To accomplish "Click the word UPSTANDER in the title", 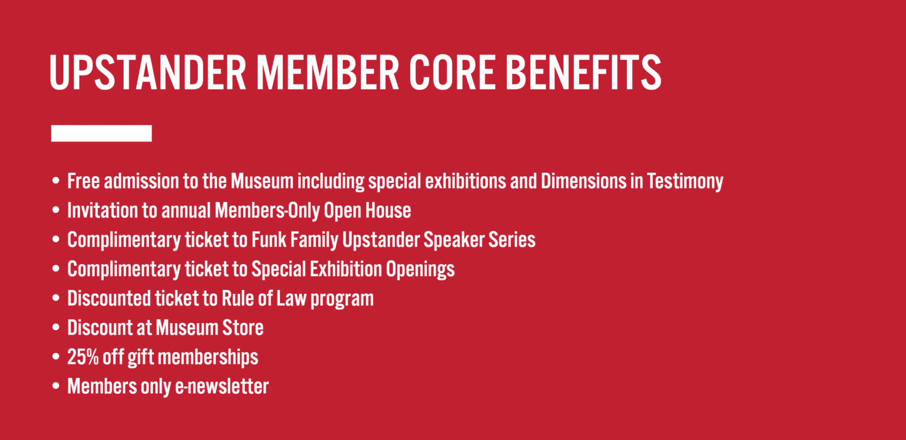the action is (x=148, y=73).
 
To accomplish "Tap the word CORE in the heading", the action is (x=452, y=73).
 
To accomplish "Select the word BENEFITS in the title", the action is (x=584, y=73).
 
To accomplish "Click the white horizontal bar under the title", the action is (x=101, y=133).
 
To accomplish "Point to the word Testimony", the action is (x=685, y=181).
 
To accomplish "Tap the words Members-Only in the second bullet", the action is (x=267, y=211).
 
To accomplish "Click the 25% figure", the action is (x=83, y=357).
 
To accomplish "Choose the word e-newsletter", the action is (x=222, y=386).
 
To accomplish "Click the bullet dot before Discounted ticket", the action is (x=56, y=298).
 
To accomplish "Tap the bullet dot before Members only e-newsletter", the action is (x=56, y=386).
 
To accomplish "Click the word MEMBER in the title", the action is (x=328, y=73).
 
